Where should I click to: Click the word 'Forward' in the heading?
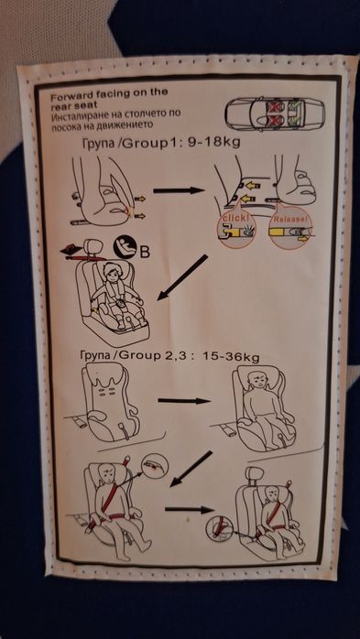(73, 92)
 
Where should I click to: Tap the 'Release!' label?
(289, 221)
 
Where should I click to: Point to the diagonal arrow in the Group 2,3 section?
(191, 469)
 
